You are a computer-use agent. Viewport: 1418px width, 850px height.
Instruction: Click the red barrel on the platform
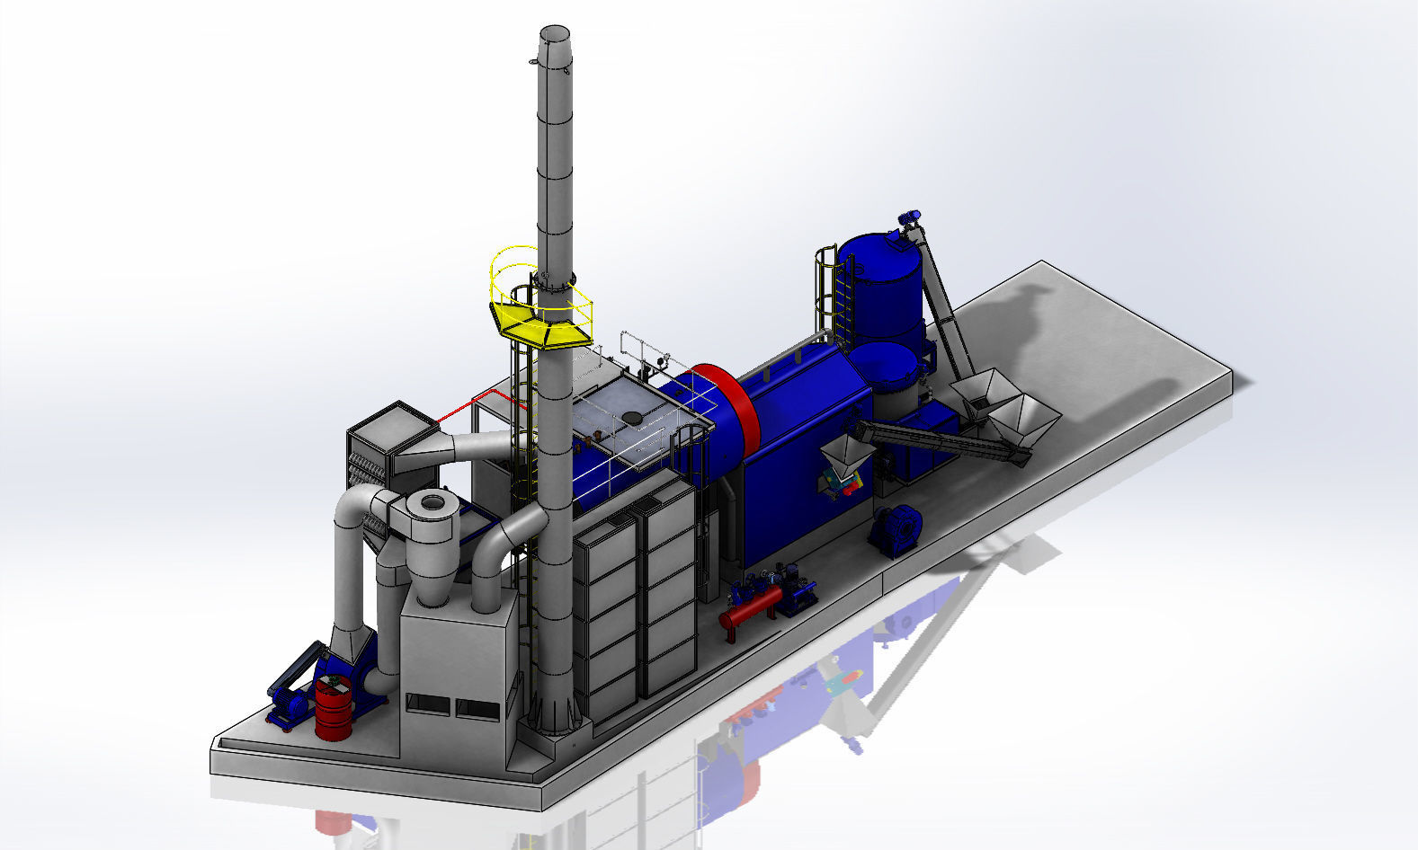click(x=334, y=709)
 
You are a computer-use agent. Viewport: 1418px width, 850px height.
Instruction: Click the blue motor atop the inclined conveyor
click(x=910, y=217)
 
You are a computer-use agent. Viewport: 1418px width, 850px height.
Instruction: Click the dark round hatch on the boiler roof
click(x=634, y=417)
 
